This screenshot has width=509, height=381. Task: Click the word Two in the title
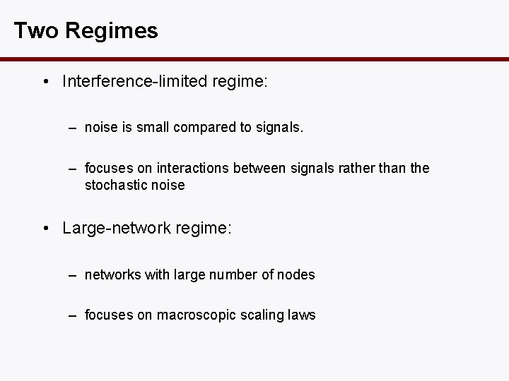point(30,31)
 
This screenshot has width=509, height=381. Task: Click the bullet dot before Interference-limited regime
point(45,82)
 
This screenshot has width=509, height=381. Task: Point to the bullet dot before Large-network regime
point(45,229)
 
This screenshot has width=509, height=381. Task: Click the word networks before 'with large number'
point(112,274)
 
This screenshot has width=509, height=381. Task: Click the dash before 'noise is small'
point(73,128)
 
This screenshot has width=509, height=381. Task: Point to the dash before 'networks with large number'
point(73,274)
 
